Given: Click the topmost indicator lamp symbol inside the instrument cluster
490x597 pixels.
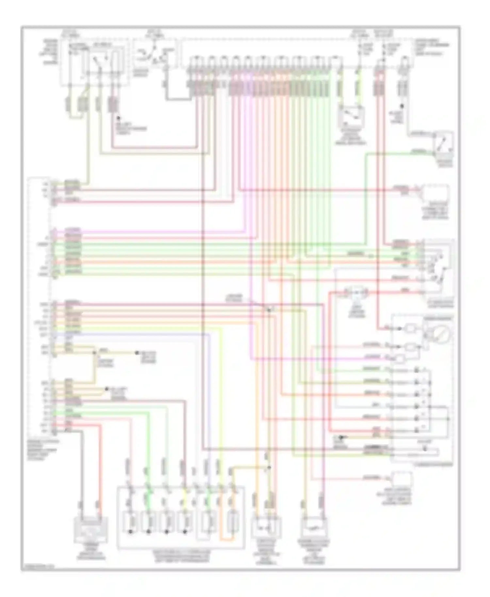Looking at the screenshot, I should click(410, 329).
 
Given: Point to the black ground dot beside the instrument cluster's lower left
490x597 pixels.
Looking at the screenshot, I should click(341, 437).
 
